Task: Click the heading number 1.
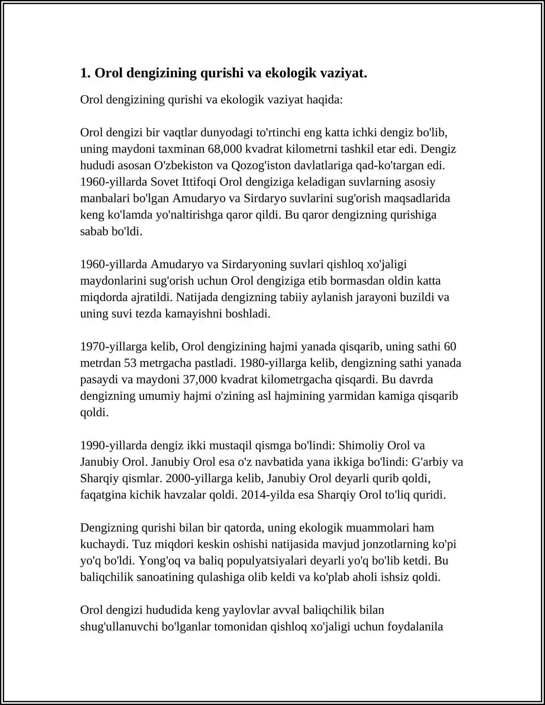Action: click(84, 73)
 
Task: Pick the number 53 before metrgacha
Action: click(130, 363)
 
